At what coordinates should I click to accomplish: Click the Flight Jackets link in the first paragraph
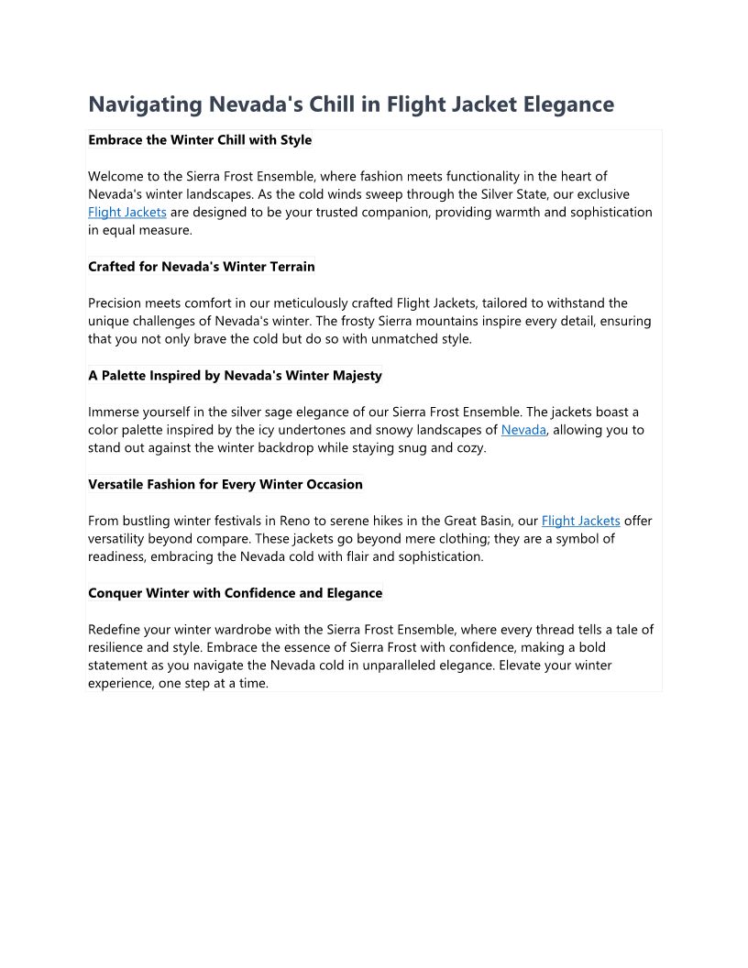click(127, 212)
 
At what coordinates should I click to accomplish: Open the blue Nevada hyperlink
click(523, 430)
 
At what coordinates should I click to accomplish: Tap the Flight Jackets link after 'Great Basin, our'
click(580, 521)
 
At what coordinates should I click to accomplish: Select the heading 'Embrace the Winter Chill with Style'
click(200, 140)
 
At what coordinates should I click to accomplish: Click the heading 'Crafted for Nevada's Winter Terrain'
click(202, 267)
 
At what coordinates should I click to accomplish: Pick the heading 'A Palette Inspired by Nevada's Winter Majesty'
click(235, 376)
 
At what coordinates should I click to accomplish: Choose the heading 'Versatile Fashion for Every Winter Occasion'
click(225, 484)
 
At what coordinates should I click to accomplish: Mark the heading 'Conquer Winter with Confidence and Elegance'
click(235, 593)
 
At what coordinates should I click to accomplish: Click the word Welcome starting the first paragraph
click(116, 176)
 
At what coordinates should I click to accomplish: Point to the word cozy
click(471, 448)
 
